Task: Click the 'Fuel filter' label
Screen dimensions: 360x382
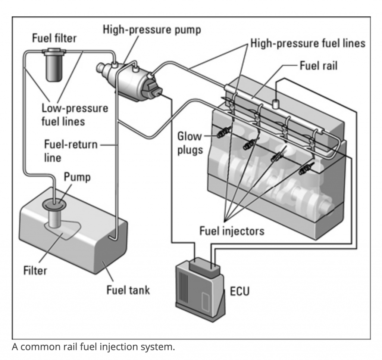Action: pyautogui.click(x=54, y=38)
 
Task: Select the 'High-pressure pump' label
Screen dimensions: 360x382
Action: pyautogui.click(x=152, y=30)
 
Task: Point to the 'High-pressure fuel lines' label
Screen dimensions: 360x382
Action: pyautogui.click(x=308, y=44)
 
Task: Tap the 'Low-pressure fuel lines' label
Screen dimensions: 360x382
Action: pyautogui.click(x=75, y=115)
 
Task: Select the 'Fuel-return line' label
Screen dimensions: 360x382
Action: pyautogui.click(x=70, y=150)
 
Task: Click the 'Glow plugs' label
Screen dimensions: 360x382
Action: pyautogui.click(x=190, y=143)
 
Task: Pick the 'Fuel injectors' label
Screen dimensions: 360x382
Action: pyautogui.click(x=232, y=231)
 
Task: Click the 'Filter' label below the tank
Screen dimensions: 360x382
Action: pyautogui.click(x=35, y=270)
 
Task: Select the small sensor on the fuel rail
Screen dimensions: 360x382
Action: pyautogui.click(x=276, y=103)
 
